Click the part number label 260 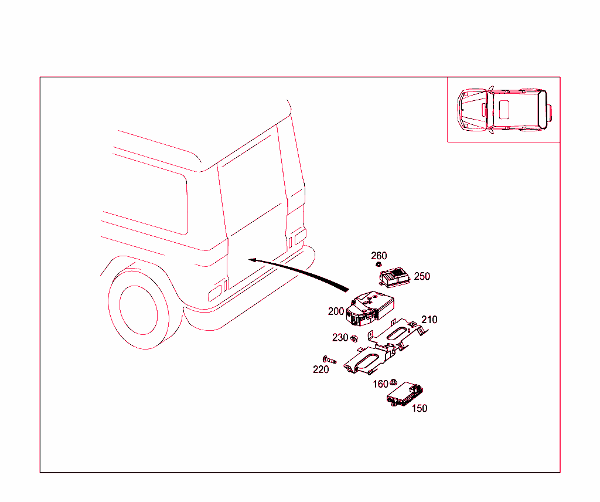pyautogui.click(x=379, y=256)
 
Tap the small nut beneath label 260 pyautogui.click(x=380, y=264)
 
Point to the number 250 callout pyautogui.click(x=422, y=276)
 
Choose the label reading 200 pyautogui.click(x=336, y=311)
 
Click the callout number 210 pyautogui.click(x=429, y=320)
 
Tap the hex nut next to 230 pyautogui.click(x=354, y=338)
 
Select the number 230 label pyautogui.click(x=340, y=338)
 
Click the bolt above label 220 pyautogui.click(x=326, y=359)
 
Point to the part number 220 pyautogui.click(x=321, y=369)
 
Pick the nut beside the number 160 pyautogui.click(x=394, y=382)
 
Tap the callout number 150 pyautogui.click(x=420, y=409)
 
